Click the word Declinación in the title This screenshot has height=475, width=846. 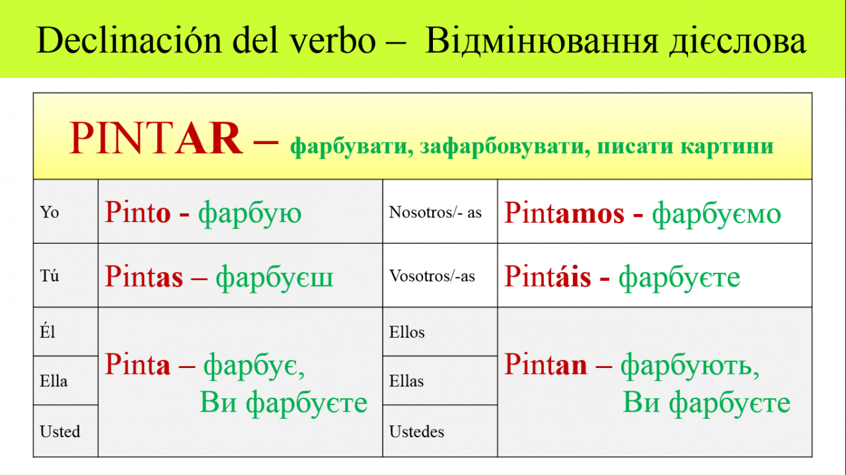pos(129,41)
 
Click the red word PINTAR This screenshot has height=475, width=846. pos(155,138)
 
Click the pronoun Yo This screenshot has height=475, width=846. pos(50,212)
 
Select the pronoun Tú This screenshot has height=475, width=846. pos(50,275)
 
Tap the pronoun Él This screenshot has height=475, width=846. pos(48,331)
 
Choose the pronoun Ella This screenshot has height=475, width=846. pos(54,381)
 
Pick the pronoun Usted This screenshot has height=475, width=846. pos(60,431)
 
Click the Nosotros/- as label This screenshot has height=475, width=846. pos(436,212)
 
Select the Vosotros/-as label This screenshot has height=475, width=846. pos(432,276)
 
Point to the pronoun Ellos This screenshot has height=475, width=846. pos(406,332)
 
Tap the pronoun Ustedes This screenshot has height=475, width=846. pos(416,431)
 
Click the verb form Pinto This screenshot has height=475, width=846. pos(137,212)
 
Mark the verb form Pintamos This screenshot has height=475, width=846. pos(564,213)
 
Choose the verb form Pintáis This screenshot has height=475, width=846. pos(548,275)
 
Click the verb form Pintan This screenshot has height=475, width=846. pos(546,364)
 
